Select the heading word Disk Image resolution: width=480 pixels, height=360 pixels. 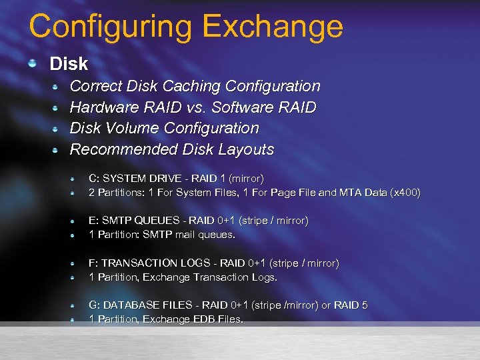tap(69, 64)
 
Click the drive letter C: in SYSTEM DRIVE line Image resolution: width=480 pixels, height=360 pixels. tap(94, 179)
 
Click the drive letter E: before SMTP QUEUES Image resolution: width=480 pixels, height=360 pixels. tap(94, 221)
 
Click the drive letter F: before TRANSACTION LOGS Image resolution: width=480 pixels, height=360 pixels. tap(94, 263)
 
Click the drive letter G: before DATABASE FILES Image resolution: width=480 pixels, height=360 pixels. tap(95, 305)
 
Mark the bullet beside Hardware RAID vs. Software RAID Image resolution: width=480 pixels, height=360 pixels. tap(57, 107)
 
